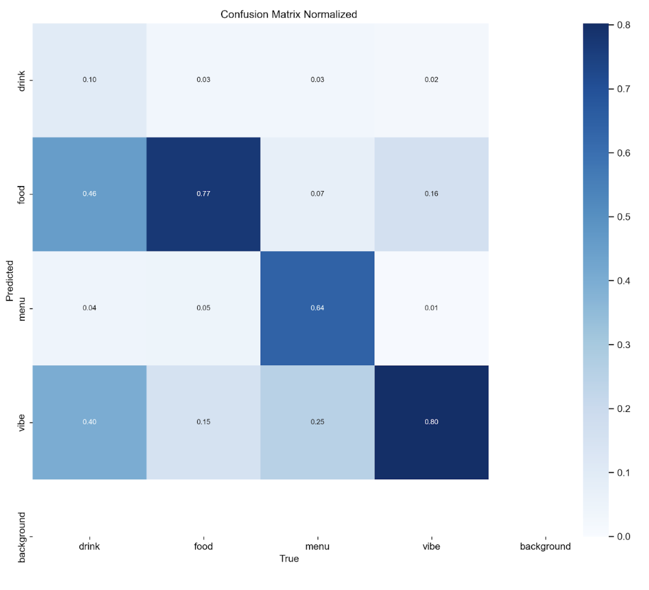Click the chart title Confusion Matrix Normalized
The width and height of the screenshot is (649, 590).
(x=289, y=14)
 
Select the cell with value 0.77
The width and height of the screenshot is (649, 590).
(x=203, y=194)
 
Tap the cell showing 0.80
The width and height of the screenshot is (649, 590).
(x=431, y=422)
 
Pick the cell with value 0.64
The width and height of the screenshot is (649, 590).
(x=317, y=308)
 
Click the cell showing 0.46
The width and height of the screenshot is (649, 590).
(x=89, y=194)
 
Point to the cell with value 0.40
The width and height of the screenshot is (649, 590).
(x=89, y=422)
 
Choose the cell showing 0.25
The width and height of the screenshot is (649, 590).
(x=317, y=422)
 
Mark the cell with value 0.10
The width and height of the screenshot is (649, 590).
(x=89, y=80)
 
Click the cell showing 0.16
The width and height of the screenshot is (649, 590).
(x=431, y=194)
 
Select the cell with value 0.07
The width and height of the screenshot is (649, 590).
(x=317, y=194)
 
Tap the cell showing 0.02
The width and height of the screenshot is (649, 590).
(x=431, y=80)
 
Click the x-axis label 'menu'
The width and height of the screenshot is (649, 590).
(x=317, y=546)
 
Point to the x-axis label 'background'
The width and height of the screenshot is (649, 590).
(x=545, y=546)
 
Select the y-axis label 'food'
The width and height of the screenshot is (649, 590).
(x=22, y=194)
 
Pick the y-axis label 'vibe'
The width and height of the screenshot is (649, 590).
(x=22, y=422)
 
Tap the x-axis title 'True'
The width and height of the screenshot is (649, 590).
(x=289, y=559)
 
